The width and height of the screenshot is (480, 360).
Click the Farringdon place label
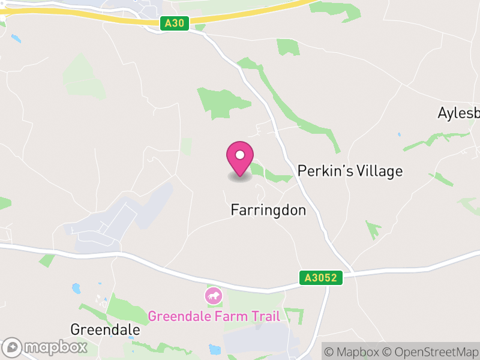point(268,210)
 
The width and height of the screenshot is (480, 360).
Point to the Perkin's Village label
point(350,171)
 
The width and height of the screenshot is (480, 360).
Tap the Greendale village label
point(105,329)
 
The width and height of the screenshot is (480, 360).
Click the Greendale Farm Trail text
point(214,316)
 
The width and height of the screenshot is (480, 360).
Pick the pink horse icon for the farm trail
point(213,295)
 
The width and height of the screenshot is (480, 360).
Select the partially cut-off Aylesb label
point(459,113)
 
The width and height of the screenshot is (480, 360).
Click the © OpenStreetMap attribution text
point(431,352)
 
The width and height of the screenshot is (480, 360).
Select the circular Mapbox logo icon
point(13,347)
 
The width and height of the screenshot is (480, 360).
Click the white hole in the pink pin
point(240,155)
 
